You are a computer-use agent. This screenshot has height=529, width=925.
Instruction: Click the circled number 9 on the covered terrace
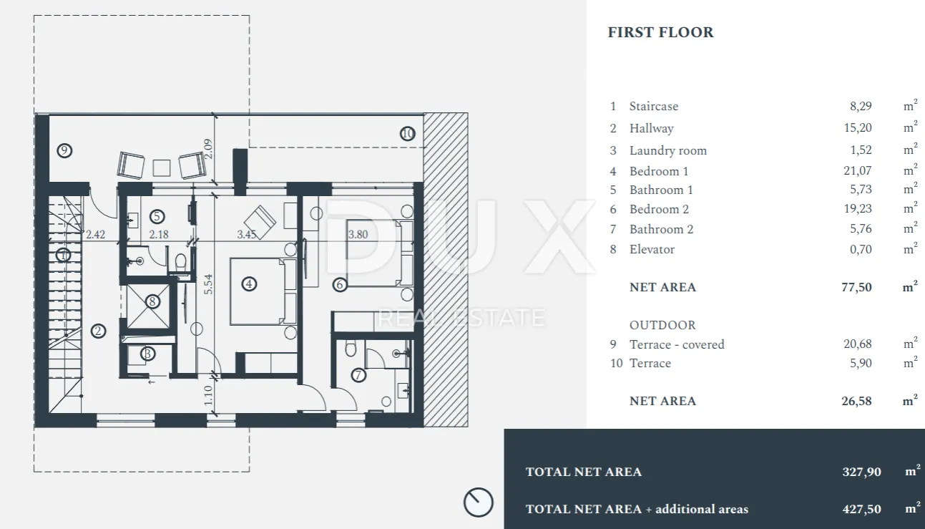coord(64,150)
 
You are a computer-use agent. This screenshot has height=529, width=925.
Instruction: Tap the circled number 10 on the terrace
coord(408,133)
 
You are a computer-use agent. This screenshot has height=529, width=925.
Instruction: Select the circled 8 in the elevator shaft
coord(152,301)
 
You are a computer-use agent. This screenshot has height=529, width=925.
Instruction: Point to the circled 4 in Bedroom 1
coord(249,284)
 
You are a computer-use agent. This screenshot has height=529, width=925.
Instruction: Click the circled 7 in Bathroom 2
coord(358,375)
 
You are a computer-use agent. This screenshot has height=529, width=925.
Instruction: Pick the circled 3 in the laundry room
coord(148,354)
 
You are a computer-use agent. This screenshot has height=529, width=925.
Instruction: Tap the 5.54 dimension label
coord(208,284)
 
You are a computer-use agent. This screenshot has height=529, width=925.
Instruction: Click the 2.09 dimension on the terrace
coord(208,149)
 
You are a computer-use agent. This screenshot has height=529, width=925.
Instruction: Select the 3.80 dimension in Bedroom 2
coord(358,235)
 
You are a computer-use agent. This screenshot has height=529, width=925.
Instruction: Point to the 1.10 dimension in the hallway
coord(208,395)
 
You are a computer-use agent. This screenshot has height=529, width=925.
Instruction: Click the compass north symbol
coord(478,502)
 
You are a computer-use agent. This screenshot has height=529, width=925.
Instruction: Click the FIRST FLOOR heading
coord(660,32)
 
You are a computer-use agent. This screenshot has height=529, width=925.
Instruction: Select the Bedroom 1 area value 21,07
coord(858,170)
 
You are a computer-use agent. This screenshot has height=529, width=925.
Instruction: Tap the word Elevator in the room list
coord(652,249)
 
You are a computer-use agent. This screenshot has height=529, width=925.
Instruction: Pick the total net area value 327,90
coord(862,472)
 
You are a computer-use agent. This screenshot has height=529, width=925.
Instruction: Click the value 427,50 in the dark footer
coord(862,509)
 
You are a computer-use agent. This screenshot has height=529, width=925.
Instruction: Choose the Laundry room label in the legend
coord(668,150)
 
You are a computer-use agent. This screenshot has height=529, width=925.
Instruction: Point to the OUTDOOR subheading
coord(662,325)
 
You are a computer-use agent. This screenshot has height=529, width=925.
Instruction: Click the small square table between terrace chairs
coord(162,168)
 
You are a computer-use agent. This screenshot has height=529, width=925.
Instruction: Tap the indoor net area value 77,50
coord(856,287)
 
